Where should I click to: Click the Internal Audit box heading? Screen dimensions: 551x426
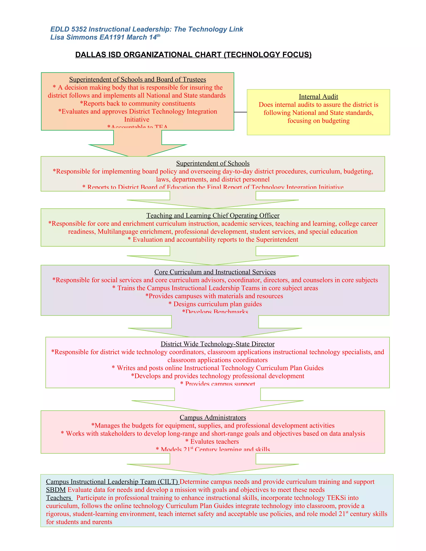coord(318,97)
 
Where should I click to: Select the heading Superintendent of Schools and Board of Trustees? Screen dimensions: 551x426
coord(137,79)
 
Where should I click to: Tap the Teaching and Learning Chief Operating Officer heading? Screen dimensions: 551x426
coord(213,215)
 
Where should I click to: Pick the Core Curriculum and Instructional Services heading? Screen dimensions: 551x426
coord(215,272)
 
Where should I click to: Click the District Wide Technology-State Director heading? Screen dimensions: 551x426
coord(218,344)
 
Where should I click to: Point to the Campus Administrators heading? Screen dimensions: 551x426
coord(213,418)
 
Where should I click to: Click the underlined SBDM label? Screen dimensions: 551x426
coord(56,490)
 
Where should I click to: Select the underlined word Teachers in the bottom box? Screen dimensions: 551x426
coord(58,498)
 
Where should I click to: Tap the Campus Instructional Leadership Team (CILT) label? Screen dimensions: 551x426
coord(112,482)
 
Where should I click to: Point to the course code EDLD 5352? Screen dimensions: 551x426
coord(68,29)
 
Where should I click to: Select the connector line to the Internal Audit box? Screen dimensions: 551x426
coord(240,112)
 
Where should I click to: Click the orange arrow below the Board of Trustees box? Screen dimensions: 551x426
coord(137,145)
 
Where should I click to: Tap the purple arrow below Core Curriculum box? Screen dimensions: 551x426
coord(215,327)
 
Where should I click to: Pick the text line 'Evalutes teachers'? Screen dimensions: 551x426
coord(212,441)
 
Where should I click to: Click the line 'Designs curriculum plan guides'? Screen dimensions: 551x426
coord(215,304)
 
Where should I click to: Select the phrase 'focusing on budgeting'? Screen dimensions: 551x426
coord(318,121)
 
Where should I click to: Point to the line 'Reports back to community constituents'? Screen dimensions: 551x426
coord(137,103)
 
